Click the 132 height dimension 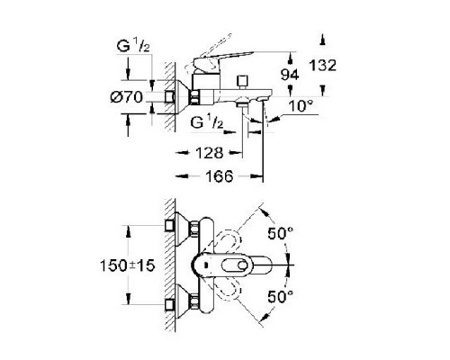[x=323, y=65]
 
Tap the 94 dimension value [x=290, y=75]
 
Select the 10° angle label [x=301, y=106]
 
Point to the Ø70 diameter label [x=126, y=97]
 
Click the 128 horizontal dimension [x=210, y=153]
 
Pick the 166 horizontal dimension [x=220, y=176]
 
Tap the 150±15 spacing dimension [x=128, y=265]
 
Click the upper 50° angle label [x=281, y=233]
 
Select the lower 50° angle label [x=281, y=297]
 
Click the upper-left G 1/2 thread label [x=133, y=46]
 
